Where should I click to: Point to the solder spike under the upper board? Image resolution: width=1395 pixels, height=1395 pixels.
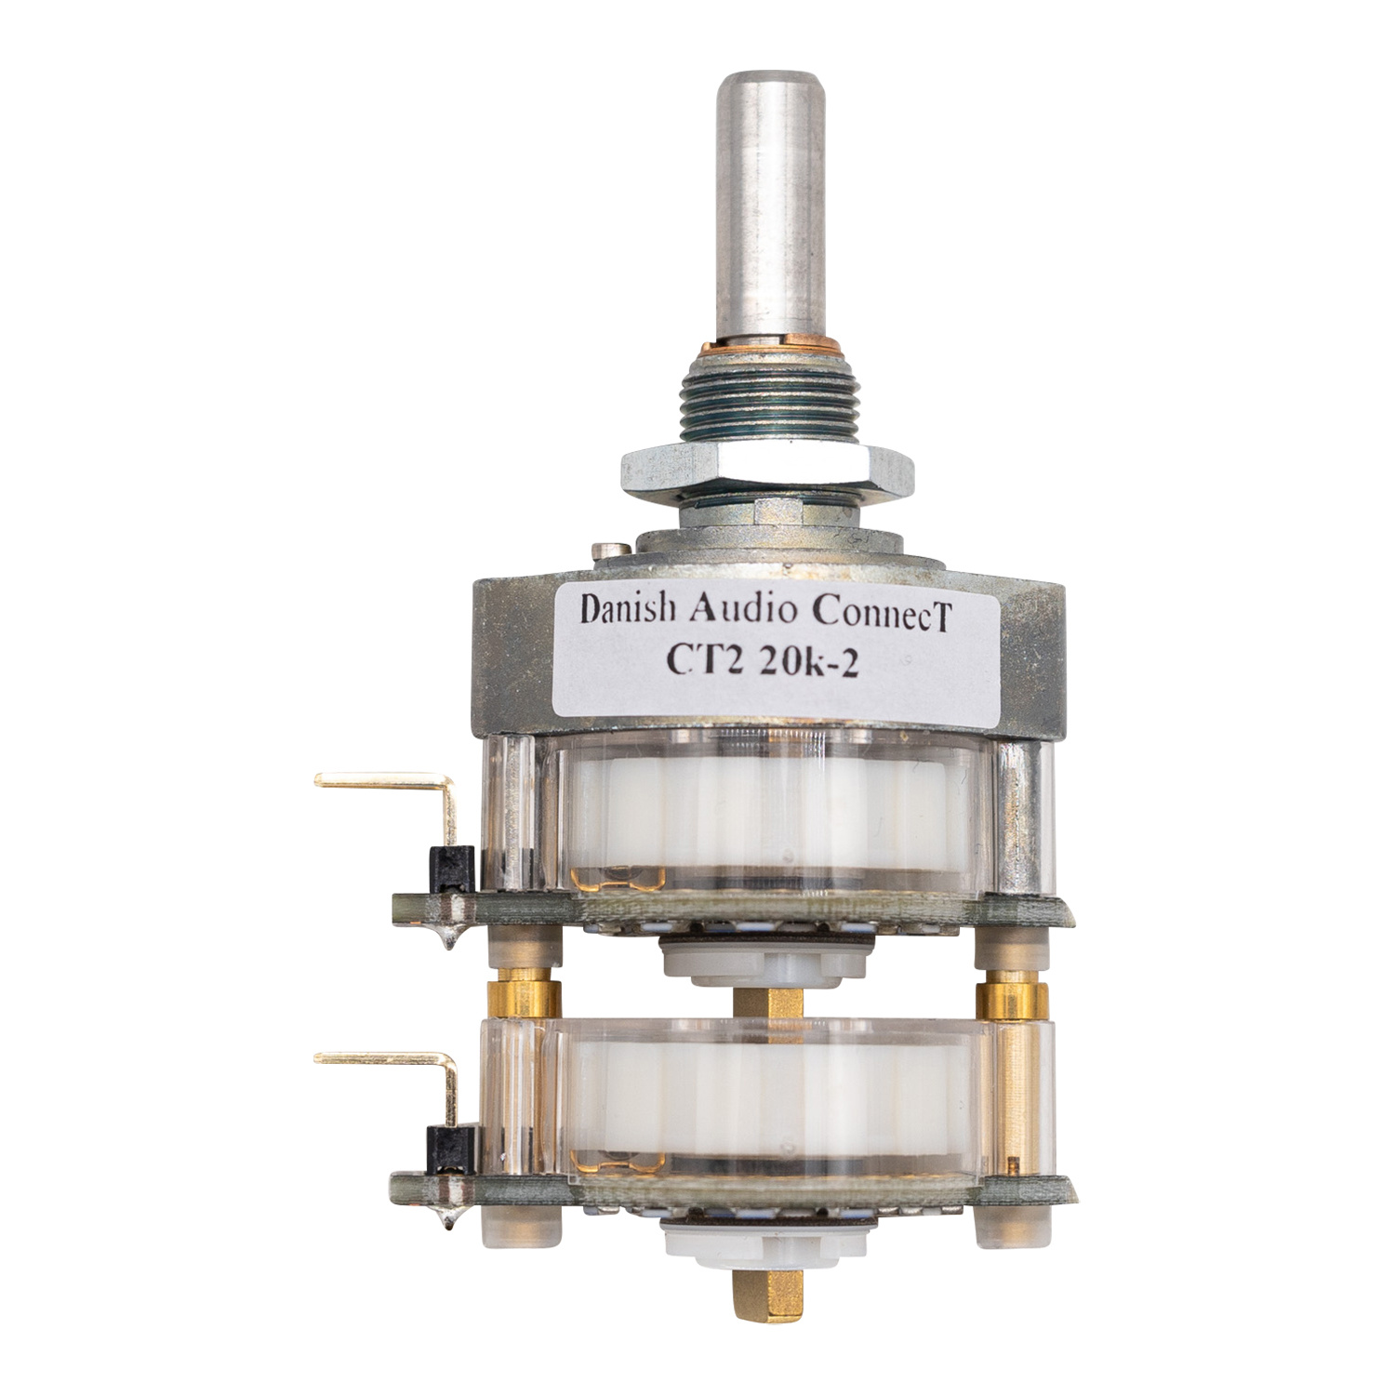pos(450,934)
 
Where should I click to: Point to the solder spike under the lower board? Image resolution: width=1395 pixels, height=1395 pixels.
pos(450,1213)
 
